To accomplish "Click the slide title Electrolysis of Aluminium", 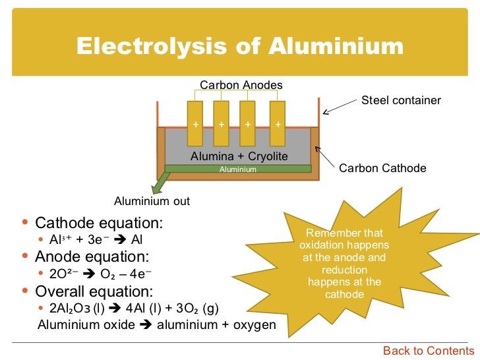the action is pyautogui.click(x=239, y=46).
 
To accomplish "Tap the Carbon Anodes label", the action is pyautogui.click(x=241, y=85).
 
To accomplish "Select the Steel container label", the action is pyautogui.click(x=401, y=100).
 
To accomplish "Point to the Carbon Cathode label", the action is pyautogui.click(x=382, y=168).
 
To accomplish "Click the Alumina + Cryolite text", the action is pyautogui.click(x=239, y=156).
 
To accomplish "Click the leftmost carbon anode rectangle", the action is pyautogui.click(x=195, y=123).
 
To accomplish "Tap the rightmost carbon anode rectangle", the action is pyautogui.click(x=278, y=123).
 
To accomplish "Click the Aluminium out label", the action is pyautogui.click(x=152, y=201).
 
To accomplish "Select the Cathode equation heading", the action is pyautogui.click(x=99, y=223).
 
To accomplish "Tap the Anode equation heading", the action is pyautogui.click(x=92, y=256).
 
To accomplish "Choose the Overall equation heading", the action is pyautogui.click(x=94, y=291).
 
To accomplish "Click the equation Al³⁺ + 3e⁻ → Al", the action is pyautogui.click(x=96, y=239).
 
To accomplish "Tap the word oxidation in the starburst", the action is pyautogui.click(x=325, y=245).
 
